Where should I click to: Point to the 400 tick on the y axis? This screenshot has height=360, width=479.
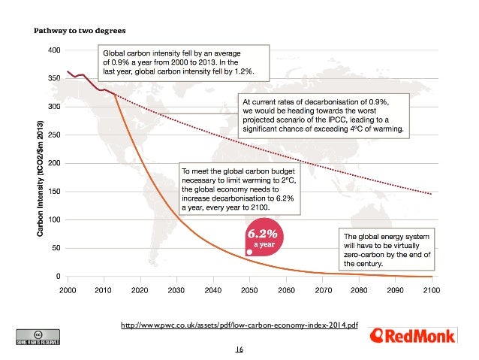pyautogui.click(x=55, y=50)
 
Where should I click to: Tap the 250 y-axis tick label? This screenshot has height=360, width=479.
pyautogui.click(x=55, y=135)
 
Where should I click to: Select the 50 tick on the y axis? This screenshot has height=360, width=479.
pyautogui.click(x=57, y=248)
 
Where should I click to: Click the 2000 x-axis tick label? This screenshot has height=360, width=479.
pyautogui.click(x=68, y=289)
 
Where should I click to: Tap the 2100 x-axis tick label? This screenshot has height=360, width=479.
pyautogui.click(x=431, y=289)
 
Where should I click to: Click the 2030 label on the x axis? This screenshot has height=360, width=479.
pyautogui.click(x=176, y=289)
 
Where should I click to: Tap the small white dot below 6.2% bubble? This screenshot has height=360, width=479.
pyautogui.click(x=249, y=253)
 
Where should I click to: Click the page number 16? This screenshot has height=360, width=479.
pyautogui.click(x=239, y=349)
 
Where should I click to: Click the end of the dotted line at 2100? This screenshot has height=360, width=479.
pyautogui.click(x=432, y=194)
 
